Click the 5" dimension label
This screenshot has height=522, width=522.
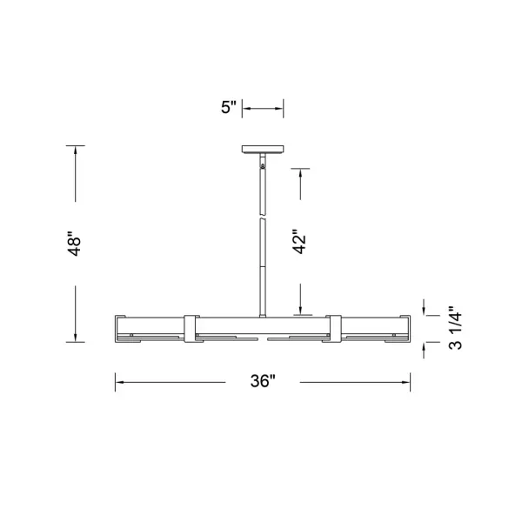tap(228, 107)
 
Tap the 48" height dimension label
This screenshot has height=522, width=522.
tap(75, 244)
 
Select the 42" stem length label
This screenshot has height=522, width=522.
tap(299, 241)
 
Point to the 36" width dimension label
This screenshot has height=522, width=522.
tap(263, 381)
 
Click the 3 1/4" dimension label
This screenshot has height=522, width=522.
tap(455, 328)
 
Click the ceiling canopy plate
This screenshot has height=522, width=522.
tap(263, 149)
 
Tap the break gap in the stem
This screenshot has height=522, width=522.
tap(263, 217)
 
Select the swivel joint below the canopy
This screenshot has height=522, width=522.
tap(263, 165)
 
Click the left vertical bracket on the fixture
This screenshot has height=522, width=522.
tap(190, 329)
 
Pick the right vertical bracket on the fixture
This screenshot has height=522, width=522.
tap(335, 329)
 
